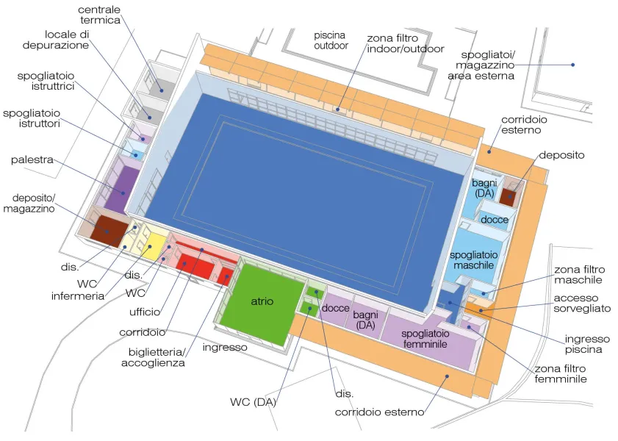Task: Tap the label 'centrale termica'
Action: pyautogui.click(x=99, y=15)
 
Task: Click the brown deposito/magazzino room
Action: pyautogui.click(x=109, y=231)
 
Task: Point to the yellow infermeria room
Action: pyautogui.click(x=149, y=245)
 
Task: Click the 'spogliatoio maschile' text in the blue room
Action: pyautogui.click(x=473, y=260)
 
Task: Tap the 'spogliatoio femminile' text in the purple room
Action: pyautogui.click(x=425, y=339)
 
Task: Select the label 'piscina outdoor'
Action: pyautogui.click(x=331, y=40)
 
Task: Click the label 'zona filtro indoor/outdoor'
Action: pyautogui.click(x=405, y=43)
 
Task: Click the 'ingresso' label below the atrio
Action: pyautogui.click(x=225, y=347)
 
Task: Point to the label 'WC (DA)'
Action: pyautogui.click(x=253, y=402)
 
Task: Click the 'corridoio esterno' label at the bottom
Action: pyautogui.click(x=379, y=412)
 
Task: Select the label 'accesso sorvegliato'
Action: pyautogui.click(x=582, y=303)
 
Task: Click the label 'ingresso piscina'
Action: pyautogui.click(x=587, y=344)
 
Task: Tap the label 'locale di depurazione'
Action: pyautogui.click(x=56, y=40)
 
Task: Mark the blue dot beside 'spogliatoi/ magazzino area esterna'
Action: pyautogui.click(x=572, y=65)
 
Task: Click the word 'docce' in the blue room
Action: pyautogui.click(x=495, y=220)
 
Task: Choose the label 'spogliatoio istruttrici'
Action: pyautogui.click(x=46, y=81)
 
